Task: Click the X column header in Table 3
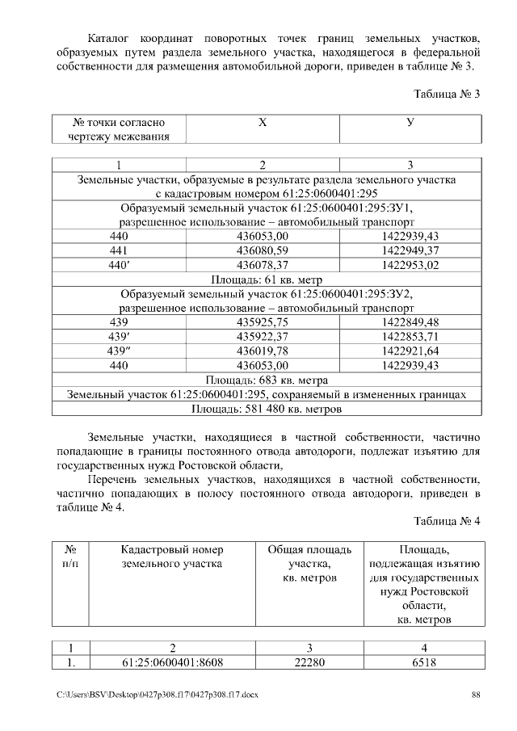(x=262, y=123)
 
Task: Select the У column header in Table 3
(x=410, y=123)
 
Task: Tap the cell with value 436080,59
(x=262, y=250)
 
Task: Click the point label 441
(x=119, y=250)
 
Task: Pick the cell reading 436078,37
(x=262, y=264)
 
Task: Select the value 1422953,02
(x=410, y=264)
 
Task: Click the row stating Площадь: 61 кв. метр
(x=266, y=279)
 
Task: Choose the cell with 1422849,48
(x=410, y=322)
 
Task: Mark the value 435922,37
(x=262, y=337)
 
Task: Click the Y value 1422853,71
(x=410, y=337)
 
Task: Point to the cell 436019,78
(x=262, y=351)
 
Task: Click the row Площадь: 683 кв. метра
(x=266, y=380)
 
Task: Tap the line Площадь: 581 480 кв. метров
(x=266, y=409)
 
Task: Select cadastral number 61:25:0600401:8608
(x=172, y=662)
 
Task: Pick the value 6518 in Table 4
(x=424, y=662)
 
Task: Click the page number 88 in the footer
(x=476, y=695)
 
